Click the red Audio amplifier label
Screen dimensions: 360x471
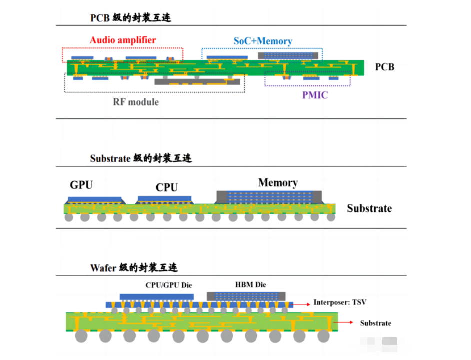click(123, 40)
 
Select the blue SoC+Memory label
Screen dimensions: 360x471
click(263, 41)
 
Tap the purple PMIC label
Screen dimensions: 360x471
click(315, 95)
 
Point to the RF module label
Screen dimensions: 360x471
click(135, 102)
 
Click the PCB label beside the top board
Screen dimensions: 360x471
click(384, 66)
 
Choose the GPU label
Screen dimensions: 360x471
click(81, 185)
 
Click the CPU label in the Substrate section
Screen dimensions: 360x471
click(167, 187)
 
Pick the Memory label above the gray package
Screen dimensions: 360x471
click(278, 183)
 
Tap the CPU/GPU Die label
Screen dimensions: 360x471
click(168, 285)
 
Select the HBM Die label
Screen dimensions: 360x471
click(250, 285)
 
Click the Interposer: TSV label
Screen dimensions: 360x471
click(339, 302)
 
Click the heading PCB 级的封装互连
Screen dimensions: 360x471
click(131, 18)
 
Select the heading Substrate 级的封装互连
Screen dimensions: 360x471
click(141, 158)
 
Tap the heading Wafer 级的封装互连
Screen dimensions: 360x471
click(134, 268)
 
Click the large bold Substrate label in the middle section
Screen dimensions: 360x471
click(369, 208)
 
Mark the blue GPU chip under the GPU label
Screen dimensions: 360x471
click(95, 199)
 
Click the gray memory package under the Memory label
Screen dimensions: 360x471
click(270, 197)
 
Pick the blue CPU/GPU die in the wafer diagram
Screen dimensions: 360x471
click(156, 296)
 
